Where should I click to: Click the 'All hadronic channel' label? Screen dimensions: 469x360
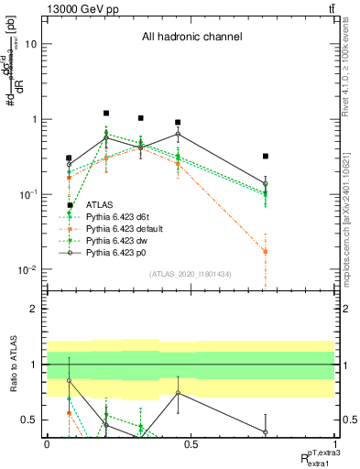(191, 38)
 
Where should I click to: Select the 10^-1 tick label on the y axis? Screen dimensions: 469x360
(27, 194)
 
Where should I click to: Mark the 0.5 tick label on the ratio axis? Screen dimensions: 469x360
(31, 420)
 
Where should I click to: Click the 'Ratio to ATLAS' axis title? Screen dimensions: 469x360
(11, 365)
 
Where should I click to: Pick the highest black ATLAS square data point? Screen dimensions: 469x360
(107, 114)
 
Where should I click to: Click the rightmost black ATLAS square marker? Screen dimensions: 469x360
(265, 157)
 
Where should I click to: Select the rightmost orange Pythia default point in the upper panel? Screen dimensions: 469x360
(265, 251)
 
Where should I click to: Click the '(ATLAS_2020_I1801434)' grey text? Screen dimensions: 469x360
(191, 274)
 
